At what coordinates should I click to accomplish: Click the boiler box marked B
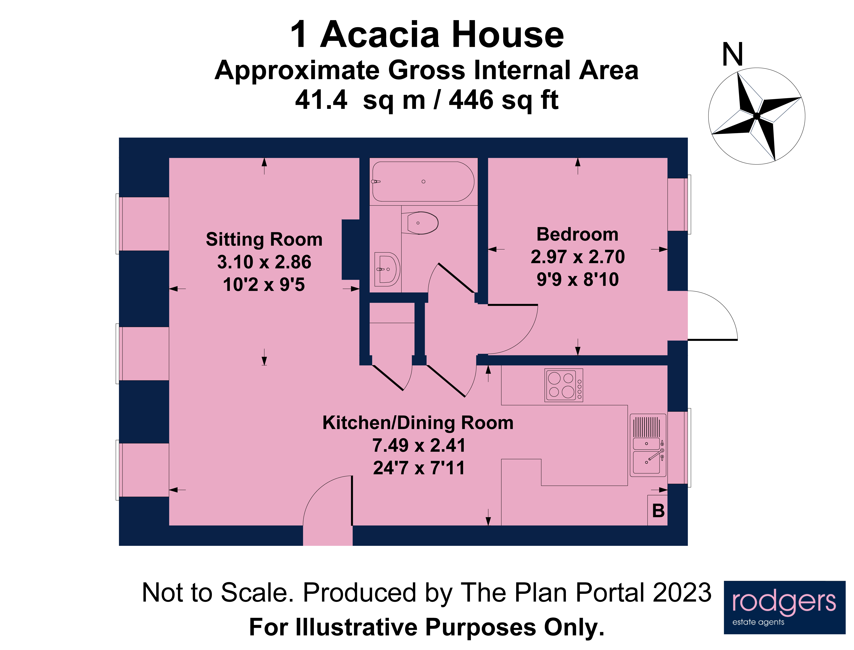point(658,511)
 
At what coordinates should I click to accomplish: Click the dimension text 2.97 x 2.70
point(577,257)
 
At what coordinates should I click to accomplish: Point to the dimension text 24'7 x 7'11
point(418,468)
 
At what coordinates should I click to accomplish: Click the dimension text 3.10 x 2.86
point(264,262)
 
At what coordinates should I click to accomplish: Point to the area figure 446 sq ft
point(503,100)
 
